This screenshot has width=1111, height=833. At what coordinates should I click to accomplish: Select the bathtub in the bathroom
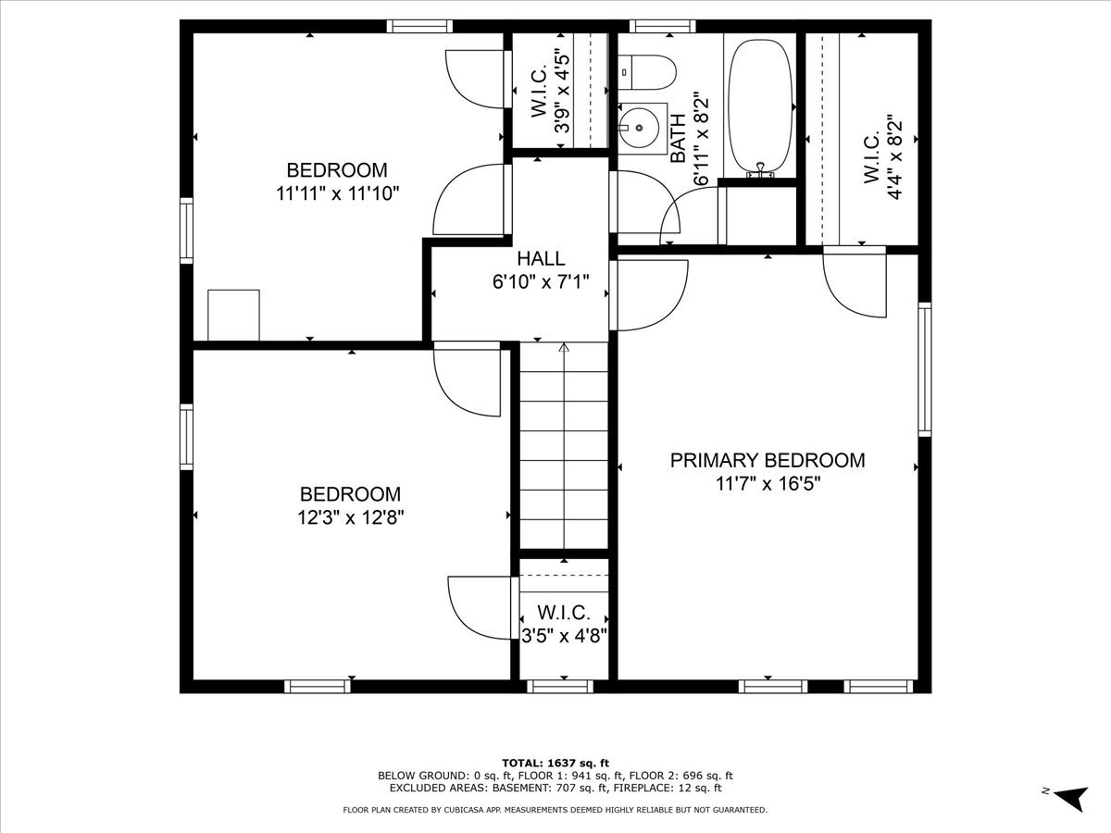(x=760, y=103)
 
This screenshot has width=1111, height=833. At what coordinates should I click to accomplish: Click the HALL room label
(x=541, y=259)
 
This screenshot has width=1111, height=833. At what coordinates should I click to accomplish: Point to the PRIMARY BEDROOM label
(x=768, y=460)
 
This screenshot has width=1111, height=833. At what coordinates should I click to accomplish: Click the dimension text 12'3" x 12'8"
(x=350, y=517)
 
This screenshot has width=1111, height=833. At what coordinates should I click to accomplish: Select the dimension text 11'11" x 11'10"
(x=337, y=193)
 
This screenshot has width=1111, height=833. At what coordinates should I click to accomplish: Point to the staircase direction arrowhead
(x=564, y=349)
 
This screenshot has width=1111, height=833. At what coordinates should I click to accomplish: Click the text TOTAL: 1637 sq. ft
(x=555, y=762)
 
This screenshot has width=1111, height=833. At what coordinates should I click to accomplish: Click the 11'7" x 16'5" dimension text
(x=768, y=483)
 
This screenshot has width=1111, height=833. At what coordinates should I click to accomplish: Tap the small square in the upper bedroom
(x=233, y=315)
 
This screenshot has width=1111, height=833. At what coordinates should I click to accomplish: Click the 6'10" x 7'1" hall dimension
(x=541, y=281)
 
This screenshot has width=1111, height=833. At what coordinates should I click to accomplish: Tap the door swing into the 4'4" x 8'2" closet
(x=854, y=283)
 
